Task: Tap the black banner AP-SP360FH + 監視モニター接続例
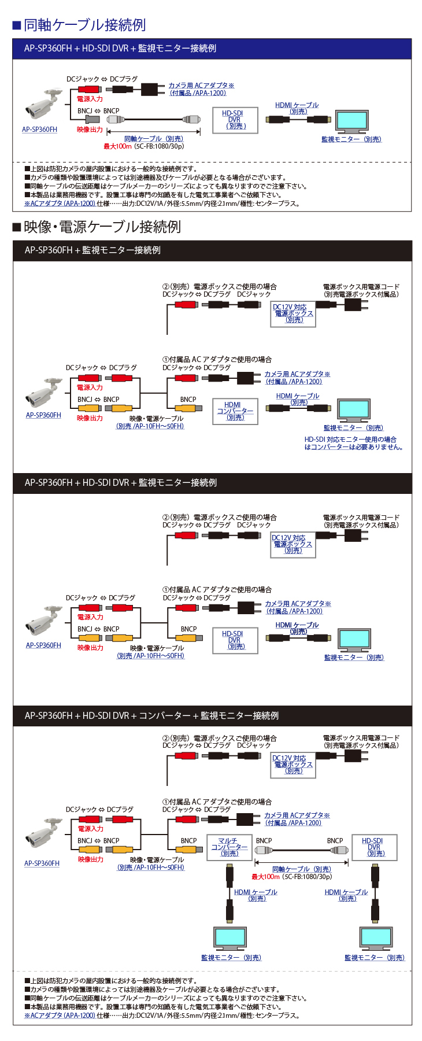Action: click(92, 250)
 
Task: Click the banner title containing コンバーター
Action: click(151, 715)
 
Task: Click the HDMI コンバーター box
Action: click(235, 411)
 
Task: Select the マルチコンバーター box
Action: click(229, 847)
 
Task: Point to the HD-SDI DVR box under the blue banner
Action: click(235, 120)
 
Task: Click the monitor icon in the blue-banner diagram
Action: click(351, 122)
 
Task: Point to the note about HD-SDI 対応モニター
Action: click(353, 444)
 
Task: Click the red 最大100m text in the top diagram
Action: click(117, 146)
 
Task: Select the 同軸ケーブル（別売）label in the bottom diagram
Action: click(301, 869)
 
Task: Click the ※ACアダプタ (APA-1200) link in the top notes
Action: click(60, 204)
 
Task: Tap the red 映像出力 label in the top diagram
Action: click(90, 130)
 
